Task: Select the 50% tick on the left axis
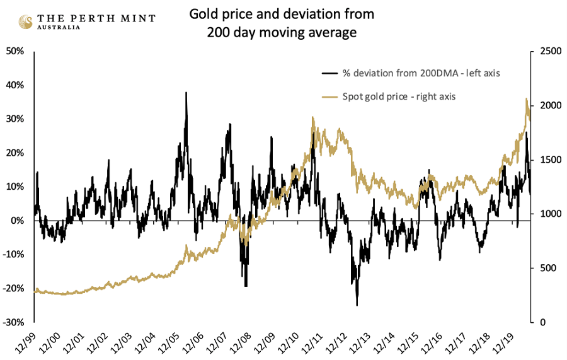(15, 51)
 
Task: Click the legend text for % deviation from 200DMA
(421, 73)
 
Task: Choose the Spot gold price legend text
(399, 96)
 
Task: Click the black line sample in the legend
(329, 74)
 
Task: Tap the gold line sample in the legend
(329, 97)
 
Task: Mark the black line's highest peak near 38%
(186, 93)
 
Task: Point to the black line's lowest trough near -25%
(357, 306)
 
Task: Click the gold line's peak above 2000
(526, 99)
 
